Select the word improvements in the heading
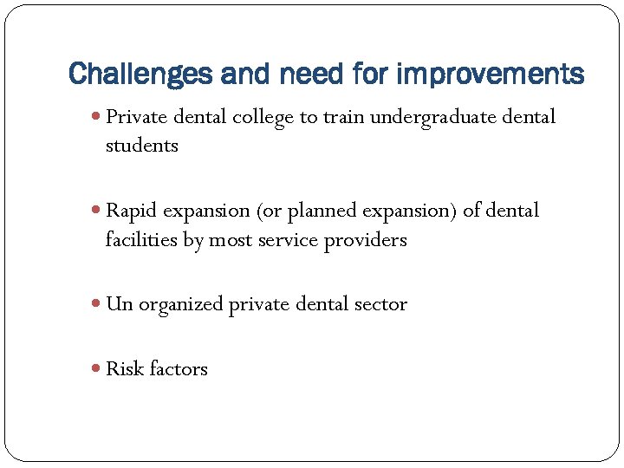click(x=491, y=74)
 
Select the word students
click(x=141, y=146)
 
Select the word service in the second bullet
click(x=289, y=240)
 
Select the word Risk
click(x=124, y=369)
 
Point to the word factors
click(x=178, y=369)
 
